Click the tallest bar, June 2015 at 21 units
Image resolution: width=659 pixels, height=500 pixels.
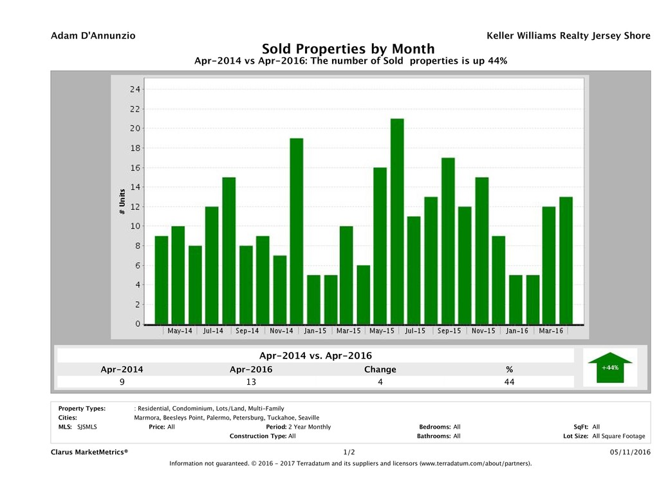point(397,221)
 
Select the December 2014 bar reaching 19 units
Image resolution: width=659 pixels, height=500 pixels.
point(296,231)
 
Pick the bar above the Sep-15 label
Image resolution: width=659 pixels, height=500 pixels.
point(448,241)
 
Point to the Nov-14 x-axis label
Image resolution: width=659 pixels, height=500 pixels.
point(281,331)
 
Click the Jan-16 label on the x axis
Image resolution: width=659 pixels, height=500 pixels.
point(516,331)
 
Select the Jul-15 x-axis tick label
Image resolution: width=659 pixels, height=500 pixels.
point(415,331)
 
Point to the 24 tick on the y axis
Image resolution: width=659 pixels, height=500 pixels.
point(135,89)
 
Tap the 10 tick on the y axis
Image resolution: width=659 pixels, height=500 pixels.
point(135,226)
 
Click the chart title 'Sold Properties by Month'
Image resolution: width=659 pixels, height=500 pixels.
point(348,49)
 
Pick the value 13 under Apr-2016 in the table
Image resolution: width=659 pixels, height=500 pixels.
point(250,382)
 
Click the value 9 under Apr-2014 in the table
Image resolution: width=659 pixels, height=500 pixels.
point(122,382)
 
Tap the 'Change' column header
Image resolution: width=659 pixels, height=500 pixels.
point(380,369)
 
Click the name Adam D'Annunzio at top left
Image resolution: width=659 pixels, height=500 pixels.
point(93,35)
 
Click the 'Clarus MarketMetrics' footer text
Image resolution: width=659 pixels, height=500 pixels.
point(89,452)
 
